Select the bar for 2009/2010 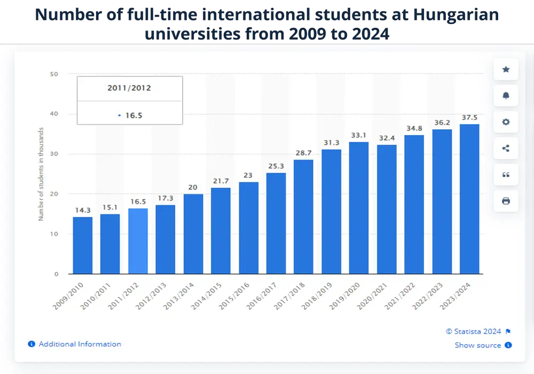coord(83,245)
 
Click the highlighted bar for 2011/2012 coord(138,241)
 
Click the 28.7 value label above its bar coord(303,153)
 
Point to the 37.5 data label coord(469,118)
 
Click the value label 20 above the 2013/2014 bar coord(193,187)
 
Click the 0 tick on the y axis coord(56,274)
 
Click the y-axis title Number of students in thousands coord(41,174)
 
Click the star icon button coord(506,69)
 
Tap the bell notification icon coord(506,96)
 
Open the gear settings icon coord(506,122)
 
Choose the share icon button coord(506,149)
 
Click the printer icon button coord(506,201)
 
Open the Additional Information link coord(80,344)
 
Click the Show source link coord(478,345)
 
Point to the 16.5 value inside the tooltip coord(134,115)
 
